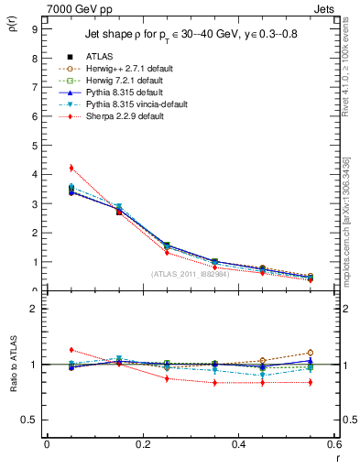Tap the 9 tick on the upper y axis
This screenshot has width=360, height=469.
click(33, 28)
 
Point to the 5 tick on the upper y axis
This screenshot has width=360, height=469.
click(33, 145)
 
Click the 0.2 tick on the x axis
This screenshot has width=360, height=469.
click(143, 444)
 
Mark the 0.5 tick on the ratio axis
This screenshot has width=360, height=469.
click(29, 420)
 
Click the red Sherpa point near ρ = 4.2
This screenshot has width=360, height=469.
click(71, 168)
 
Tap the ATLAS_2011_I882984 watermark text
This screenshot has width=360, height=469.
click(190, 274)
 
